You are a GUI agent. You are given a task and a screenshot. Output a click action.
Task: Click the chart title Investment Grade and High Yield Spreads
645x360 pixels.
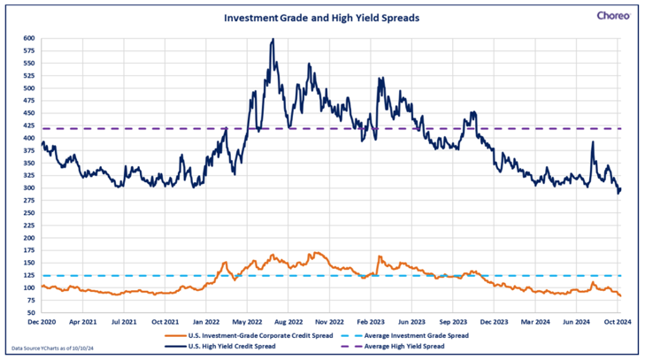click(x=321, y=17)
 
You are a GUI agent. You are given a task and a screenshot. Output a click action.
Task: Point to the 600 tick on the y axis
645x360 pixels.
click(x=29, y=39)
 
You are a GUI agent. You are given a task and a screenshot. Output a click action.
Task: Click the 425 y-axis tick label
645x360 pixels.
click(x=29, y=126)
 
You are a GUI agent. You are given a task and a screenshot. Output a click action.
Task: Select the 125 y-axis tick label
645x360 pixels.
click(x=29, y=276)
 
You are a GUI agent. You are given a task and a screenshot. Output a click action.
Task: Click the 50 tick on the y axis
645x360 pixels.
click(x=31, y=313)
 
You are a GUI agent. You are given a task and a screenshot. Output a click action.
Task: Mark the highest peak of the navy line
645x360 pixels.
click(x=273, y=39)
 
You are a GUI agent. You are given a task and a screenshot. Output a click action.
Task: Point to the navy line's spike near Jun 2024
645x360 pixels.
click(x=592, y=142)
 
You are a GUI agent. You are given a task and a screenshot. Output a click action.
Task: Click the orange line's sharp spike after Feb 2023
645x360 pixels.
click(x=379, y=257)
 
